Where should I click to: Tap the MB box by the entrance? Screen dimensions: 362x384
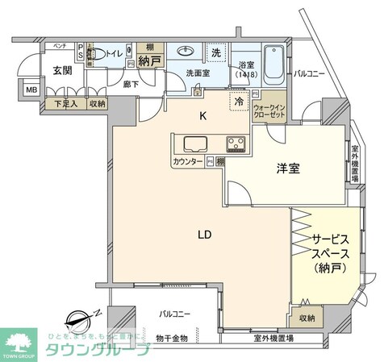[31, 90]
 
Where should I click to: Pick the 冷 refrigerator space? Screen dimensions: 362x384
[239, 102]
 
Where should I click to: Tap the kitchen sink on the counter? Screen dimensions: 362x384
[195, 145]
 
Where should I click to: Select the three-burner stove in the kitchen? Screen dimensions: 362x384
[236, 145]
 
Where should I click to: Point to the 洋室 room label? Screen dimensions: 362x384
[288, 169]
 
